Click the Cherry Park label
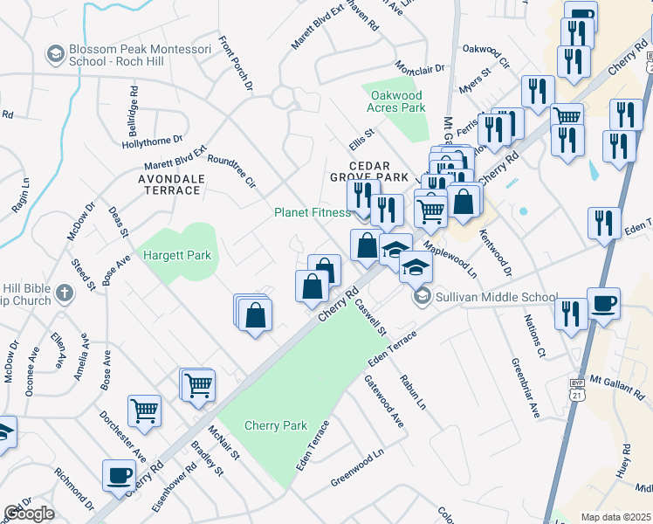pos(277,425)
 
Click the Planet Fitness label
pos(312,212)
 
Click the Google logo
pos(28,514)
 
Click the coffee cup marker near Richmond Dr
pos(119,475)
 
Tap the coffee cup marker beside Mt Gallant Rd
pos(603,303)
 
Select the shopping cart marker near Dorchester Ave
pos(144,410)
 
